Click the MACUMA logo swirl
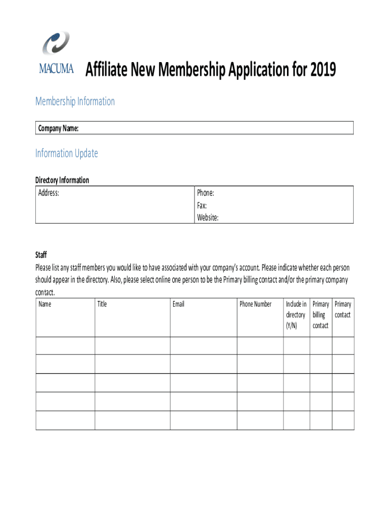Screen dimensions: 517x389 coord(56,44)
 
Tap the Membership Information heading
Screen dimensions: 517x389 coord(75,101)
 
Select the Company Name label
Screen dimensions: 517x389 coord(58,129)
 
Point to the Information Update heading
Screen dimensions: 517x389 coord(67,153)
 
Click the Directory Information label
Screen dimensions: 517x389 coord(62,180)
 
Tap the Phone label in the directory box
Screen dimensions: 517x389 coord(206,193)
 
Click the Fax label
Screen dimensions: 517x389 coord(202,205)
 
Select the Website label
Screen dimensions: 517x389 coord(208,218)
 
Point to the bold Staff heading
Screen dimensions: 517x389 coord(41,255)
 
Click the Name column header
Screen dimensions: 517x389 coord(44,304)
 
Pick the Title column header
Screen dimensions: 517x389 coord(102,304)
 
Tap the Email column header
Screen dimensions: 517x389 coord(178,304)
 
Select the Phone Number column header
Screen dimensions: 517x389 coord(256,304)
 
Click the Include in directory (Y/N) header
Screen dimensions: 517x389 coord(296,315)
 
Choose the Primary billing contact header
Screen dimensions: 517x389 coord(321,315)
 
